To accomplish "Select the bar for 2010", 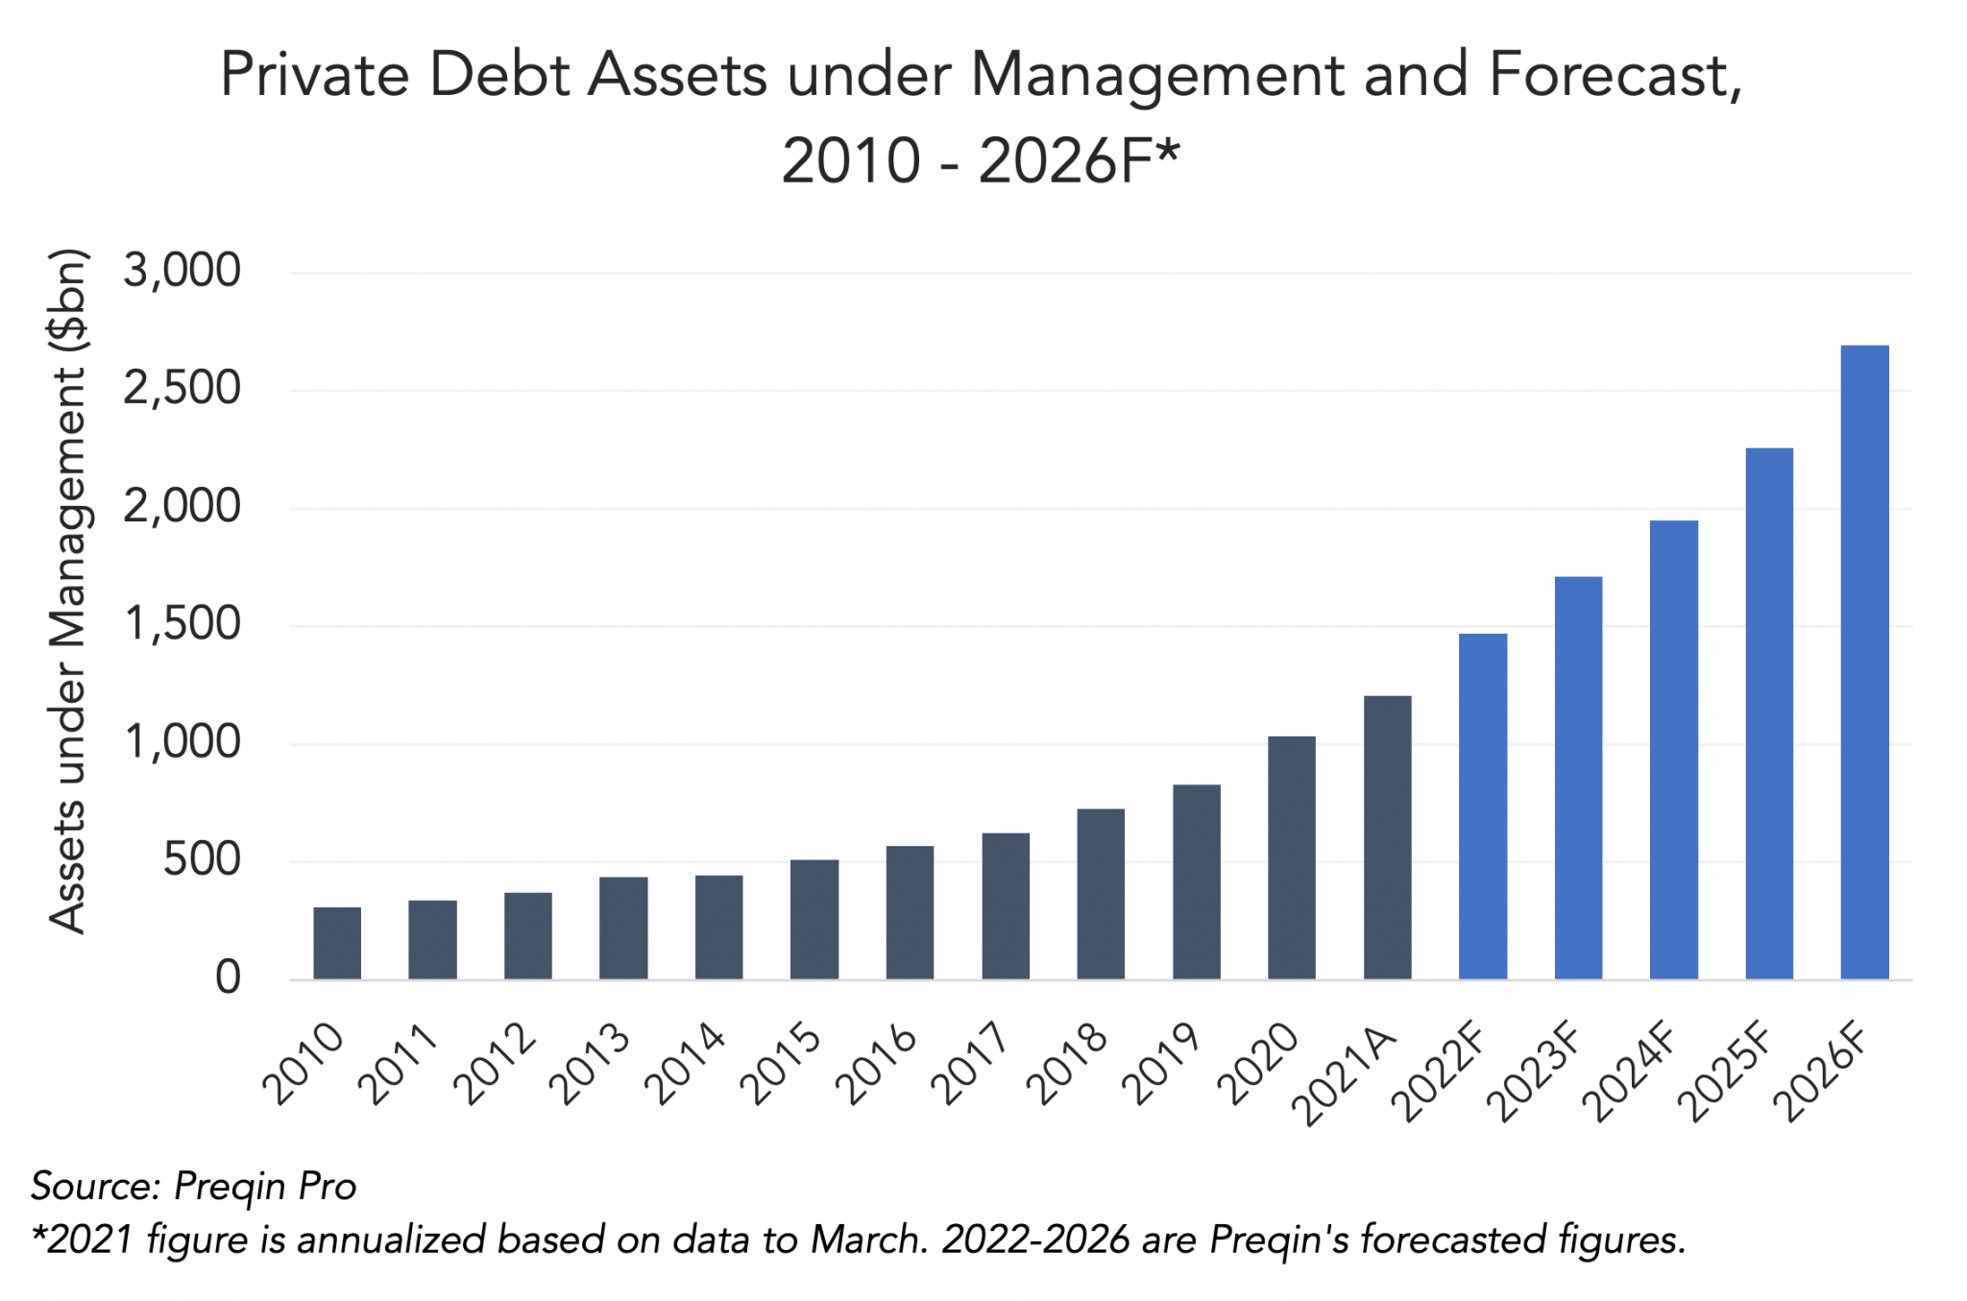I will pyautogui.click(x=337, y=943).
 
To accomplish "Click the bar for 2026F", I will pyautogui.click(x=1864, y=663).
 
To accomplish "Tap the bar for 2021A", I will pyautogui.click(x=1387, y=837).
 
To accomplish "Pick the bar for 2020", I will pyautogui.click(x=1292, y=857).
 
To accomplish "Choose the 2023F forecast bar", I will pyautogui.click(x=1578, y=778).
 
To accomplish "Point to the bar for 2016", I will pyautogui.click(x=910, y=912).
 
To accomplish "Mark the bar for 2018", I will pyautogui.click(x=1101, y=894).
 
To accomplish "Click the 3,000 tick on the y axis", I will pyautogui.click(x=182, y=271).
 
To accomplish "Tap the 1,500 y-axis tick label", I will pyautogui.click(x=182, y=624).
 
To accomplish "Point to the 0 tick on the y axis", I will pyautogui.click(x=228, y=977).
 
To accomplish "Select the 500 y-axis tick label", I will pyautogui.click(x=202, y=859).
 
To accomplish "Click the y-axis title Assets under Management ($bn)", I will pyautogui.click(x=69, y=591).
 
